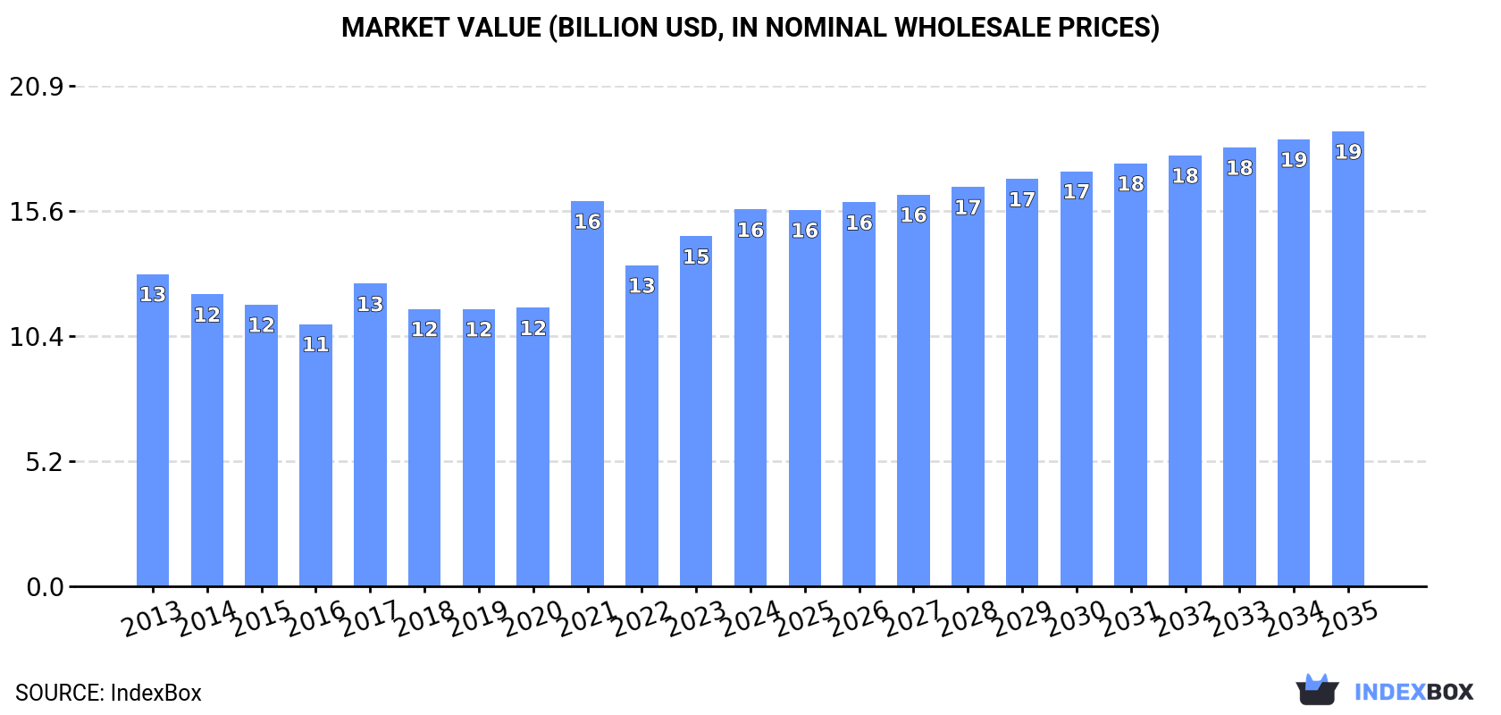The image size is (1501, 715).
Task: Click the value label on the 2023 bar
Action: coord(696,257)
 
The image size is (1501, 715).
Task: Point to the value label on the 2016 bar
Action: coord(315,344)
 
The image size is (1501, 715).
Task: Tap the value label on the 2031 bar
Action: coord(1130,183)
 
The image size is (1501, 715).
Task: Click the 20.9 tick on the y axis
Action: coord(37,87)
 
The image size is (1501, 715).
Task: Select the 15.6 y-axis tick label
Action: coord(37,212)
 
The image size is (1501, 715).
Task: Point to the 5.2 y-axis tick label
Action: coord(44,462)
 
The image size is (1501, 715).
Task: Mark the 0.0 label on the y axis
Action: coord(44,587)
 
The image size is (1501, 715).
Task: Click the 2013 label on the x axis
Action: coord(152,618)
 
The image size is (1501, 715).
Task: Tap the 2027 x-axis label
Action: coord(913,618)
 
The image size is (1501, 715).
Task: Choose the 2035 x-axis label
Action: coord(1348,618)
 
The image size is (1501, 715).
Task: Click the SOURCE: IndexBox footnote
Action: coord(108,693)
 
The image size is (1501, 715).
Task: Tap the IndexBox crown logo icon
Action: coord(1317,690)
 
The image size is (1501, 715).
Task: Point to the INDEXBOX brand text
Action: coord(1413,692)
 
